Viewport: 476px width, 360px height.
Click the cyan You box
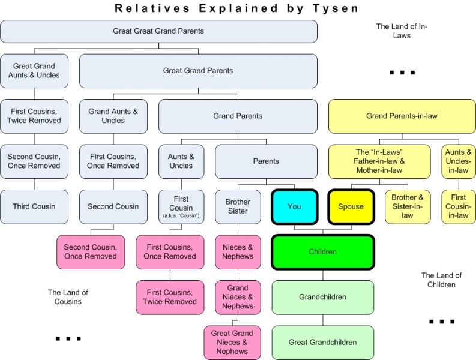[x=295, y=207]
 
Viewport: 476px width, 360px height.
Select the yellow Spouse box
[x=351, y=207]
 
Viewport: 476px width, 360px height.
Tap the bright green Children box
[x=323, y=252]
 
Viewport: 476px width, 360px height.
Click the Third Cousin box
[x=34, y=207]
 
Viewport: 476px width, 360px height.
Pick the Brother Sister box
[x=238, y=207]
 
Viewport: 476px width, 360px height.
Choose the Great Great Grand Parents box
[x=159, y=31]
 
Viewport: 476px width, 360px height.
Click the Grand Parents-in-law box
[x=402, y=116]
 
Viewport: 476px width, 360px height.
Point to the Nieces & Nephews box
[x=238, y=252]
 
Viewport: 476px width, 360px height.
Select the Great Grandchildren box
[x=323, y=343]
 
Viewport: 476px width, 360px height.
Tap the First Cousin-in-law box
[x=459, y=207]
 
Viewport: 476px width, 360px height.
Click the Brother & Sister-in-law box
[x=408, y=207]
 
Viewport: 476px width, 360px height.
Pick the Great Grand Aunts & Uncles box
[x=34, y=71]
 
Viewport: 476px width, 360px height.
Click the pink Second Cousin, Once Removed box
[x=91, y=252]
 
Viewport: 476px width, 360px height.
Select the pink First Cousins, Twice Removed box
[x=170, y=297]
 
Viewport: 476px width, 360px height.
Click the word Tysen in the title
[x=336, y=8]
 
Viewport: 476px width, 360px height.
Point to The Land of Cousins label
[x=68, y=297]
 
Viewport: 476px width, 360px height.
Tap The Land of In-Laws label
[x=402, y=31]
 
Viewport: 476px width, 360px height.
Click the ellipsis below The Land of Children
[x=442, y=322]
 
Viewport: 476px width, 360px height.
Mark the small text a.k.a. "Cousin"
[x=181, y=215]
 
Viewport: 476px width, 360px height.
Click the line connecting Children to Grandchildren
[x=323, y=275]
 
